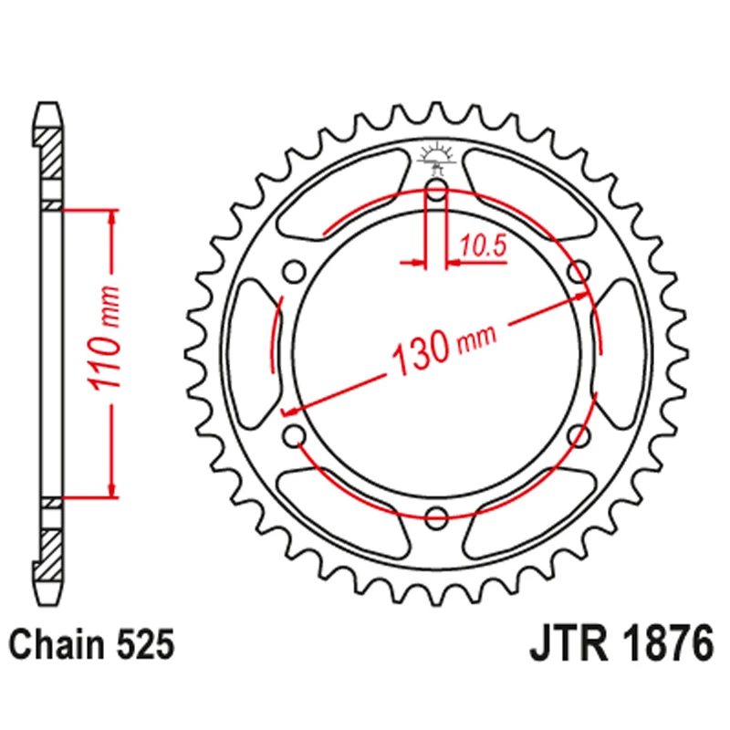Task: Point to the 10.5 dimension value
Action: (483, 245)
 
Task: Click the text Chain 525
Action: (90, 646)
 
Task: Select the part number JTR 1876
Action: (620, 645)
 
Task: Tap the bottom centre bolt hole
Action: (436, 516)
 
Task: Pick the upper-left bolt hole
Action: (294, 272)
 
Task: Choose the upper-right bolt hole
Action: (577, 271)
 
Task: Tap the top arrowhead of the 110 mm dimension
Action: (112, 217)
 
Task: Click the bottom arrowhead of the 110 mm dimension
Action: (112, 490)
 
